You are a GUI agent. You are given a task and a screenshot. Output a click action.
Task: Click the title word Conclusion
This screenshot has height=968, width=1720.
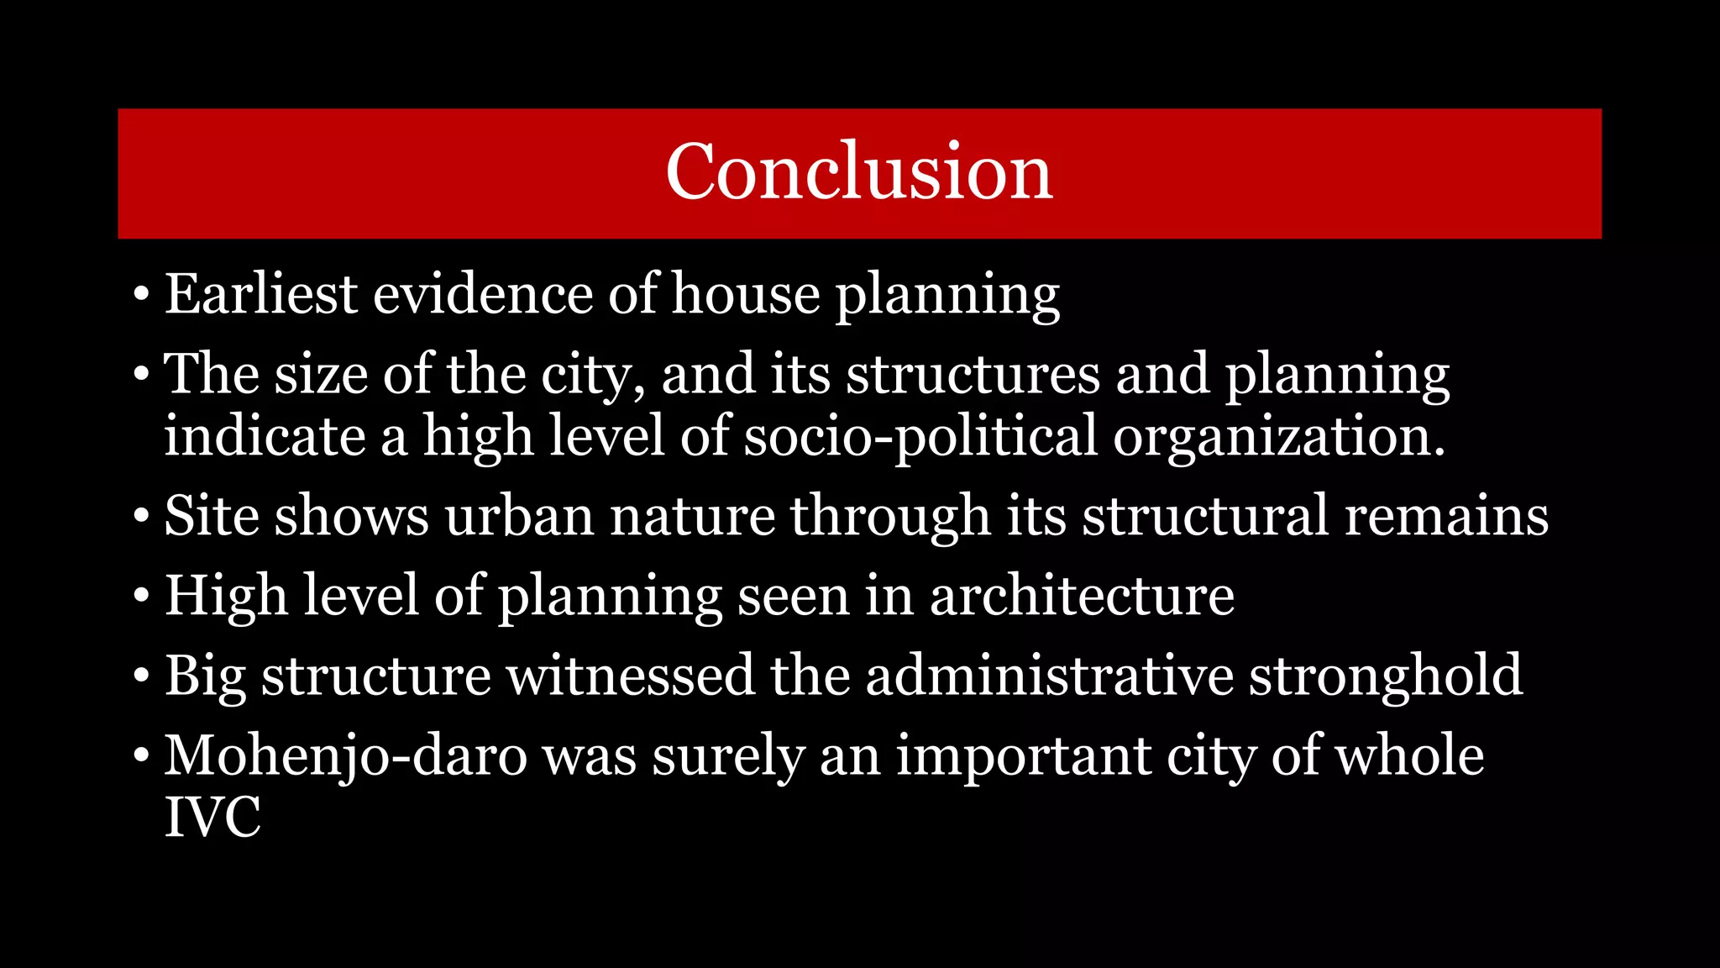[x=858, y=172]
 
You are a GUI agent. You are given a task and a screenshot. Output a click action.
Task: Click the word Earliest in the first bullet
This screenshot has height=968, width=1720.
[x=261, y=295]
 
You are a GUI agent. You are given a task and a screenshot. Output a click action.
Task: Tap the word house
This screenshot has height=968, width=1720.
[x=745, y=295]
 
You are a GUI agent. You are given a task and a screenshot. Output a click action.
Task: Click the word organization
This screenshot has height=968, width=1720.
[x=1278, y=437]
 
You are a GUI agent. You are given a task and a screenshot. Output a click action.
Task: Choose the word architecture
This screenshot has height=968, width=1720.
[x=1082, y=596]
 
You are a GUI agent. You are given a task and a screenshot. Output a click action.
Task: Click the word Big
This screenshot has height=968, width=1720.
[x=204, y=676]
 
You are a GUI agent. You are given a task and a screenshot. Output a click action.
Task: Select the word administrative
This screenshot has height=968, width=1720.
[x=1050, y=676]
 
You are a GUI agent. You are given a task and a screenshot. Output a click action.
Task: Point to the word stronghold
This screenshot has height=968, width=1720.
[x=1386, y=676]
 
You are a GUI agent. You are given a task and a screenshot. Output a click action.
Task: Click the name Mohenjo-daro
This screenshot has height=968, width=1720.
[x=345, y=755]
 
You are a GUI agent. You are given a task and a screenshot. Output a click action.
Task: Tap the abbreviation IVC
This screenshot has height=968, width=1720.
[x=212, y=817]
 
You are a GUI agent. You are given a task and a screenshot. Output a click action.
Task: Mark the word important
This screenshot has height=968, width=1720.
[x=1023, y=755]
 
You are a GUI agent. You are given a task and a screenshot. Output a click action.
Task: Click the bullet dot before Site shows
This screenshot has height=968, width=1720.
[x=141, y=516]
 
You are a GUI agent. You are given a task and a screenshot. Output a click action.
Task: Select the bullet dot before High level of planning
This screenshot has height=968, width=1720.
[x=141, y=596]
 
